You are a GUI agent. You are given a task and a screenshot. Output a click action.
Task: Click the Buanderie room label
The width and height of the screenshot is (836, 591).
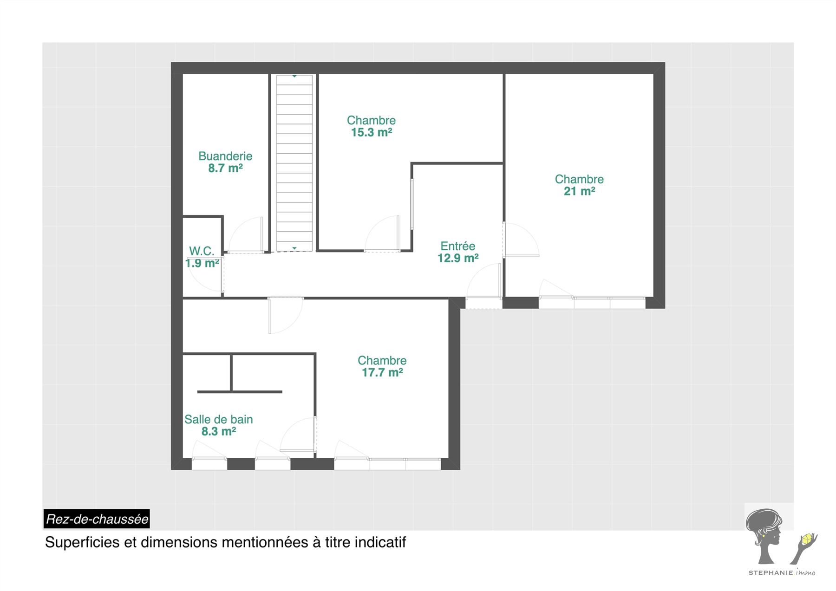point(225,156)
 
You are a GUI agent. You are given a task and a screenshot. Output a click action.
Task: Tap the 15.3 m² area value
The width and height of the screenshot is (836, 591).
point(372,132)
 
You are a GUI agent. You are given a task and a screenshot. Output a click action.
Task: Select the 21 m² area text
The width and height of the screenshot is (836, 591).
point(580,191)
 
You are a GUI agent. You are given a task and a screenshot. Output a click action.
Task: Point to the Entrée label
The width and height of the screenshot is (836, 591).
point(458,246)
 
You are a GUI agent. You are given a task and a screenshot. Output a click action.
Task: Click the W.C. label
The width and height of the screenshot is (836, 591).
point(202,251)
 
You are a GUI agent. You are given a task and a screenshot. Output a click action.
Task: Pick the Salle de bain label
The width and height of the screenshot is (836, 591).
point(219,419)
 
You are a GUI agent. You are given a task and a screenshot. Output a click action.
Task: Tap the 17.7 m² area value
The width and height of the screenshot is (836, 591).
point(382,372)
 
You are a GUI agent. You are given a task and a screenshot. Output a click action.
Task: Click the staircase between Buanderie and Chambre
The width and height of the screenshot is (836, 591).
point(294,163)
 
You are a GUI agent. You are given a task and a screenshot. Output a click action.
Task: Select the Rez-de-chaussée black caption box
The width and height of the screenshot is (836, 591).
point(97,519)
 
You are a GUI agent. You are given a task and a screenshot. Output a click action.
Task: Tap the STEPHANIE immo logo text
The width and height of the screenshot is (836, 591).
point(782,572)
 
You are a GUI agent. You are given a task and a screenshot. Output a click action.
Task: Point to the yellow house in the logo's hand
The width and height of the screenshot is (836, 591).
point(807,539)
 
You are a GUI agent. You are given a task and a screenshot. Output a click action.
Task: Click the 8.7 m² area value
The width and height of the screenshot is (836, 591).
point(225,168)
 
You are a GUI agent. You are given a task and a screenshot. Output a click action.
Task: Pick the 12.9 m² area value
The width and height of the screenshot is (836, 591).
point(458,258)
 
